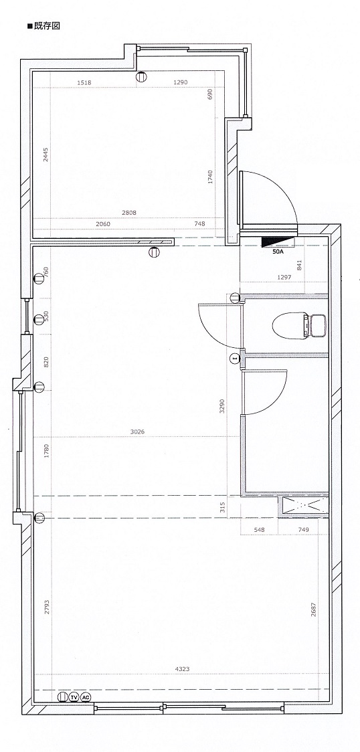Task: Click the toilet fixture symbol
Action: pyautogui.click(x=299, y=326)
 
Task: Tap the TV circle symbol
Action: pyautogui.click(x=74, y=697)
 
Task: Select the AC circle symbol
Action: pyautogui.click(x=86, y=697)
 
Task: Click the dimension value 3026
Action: pyautogui.click(x=137, y=432)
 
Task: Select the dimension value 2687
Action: pyautogui.click(x=313, y=609)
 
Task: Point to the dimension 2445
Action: pyautogui.click(x=46, y=155)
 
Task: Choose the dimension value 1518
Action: pyautogui.click(x=84, y=82)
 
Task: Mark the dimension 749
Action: pyautogui.click(x=303, y=529)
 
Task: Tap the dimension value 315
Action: pyautogui.click(x=222, y=508)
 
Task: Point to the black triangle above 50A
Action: pyautogui.click(x=277, y=242)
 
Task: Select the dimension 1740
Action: pyautogui.click(x=210, y=177)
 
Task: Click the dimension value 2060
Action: pyautogui.click(x=103, y=223)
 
